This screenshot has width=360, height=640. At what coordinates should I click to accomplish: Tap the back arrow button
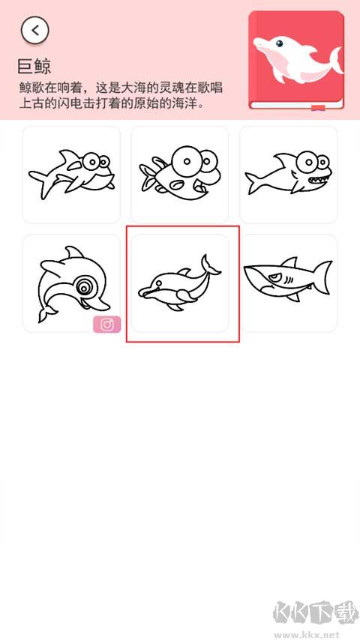[35, 30]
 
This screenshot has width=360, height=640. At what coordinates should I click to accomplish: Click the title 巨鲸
[34, 67]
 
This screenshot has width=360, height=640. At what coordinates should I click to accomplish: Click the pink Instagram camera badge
[107, 324]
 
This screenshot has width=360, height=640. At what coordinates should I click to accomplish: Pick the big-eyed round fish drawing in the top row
[179, 173]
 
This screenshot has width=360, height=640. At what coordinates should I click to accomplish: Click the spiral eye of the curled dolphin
[85, 286]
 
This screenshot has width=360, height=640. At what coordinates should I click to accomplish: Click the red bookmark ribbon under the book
[318, 109]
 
